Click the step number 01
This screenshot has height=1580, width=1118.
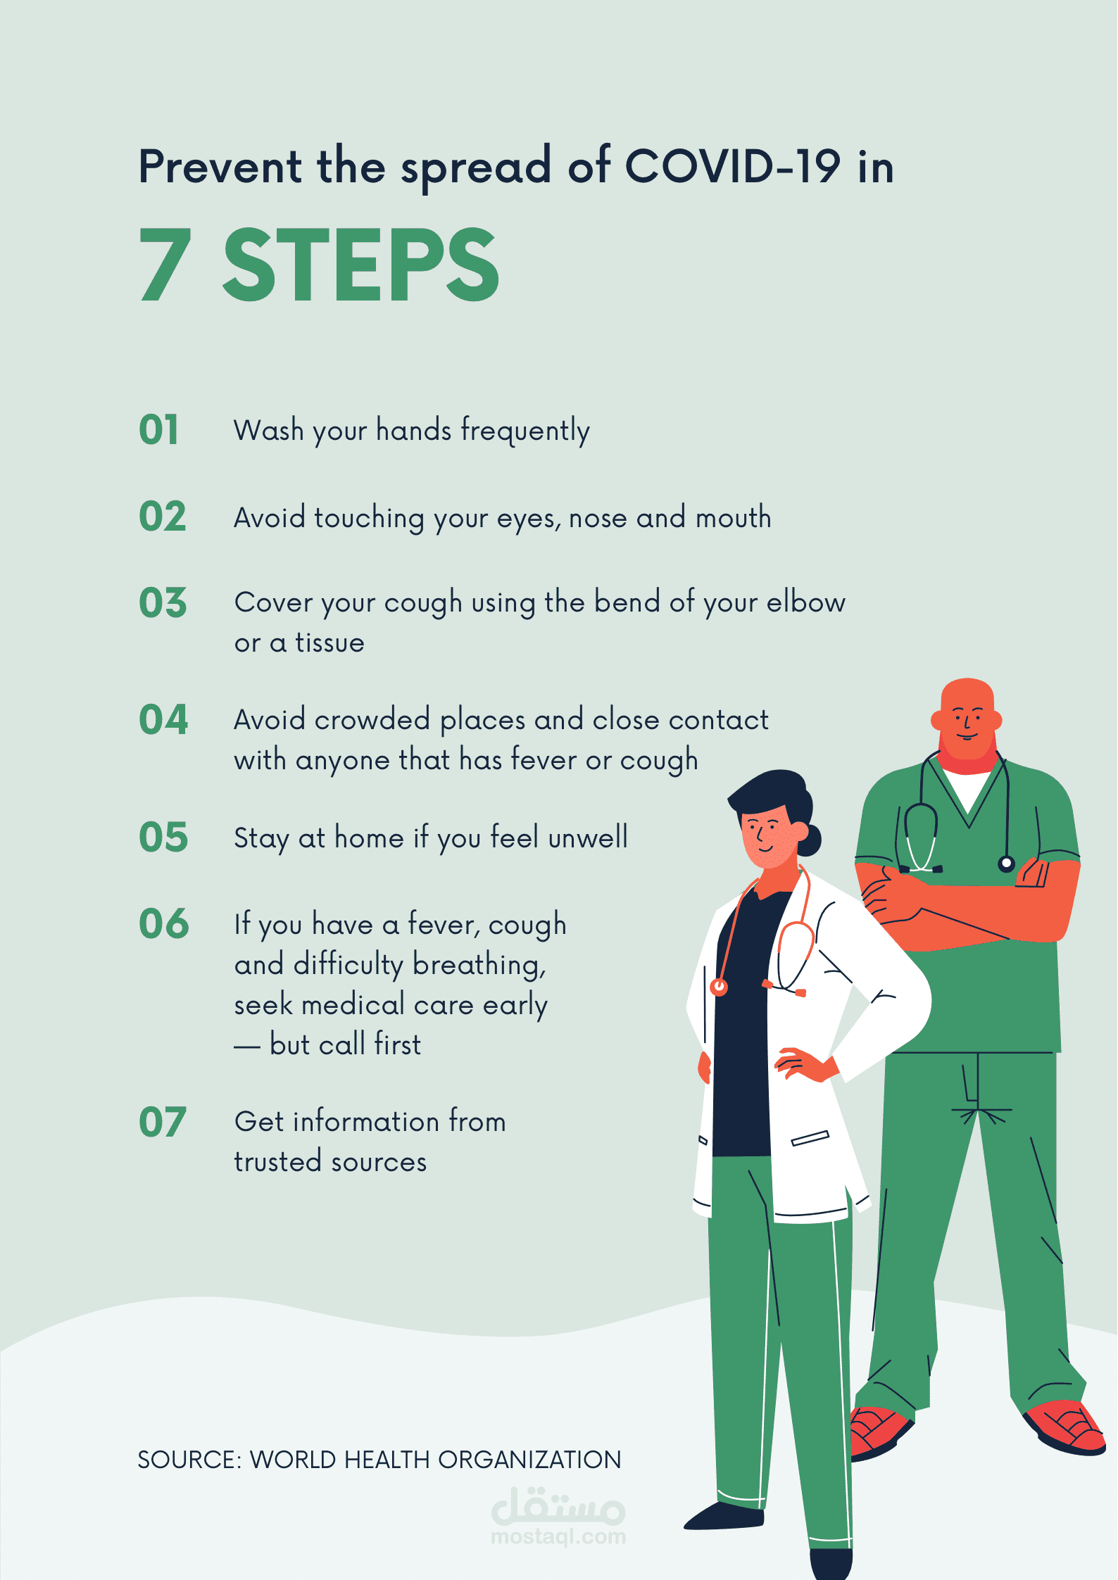[x=159, y=429]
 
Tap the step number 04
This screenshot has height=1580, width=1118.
[x=163, y=719]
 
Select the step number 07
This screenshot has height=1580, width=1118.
[x=163, y=1122]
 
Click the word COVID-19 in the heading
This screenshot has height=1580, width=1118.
[x=733, y=167]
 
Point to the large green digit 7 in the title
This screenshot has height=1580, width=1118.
[x=165, y=265]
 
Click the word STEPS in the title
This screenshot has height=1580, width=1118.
[x=361, y=265]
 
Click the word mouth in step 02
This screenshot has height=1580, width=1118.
[x=734, y=517]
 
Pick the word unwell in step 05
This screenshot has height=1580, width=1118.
[x=588, y=838]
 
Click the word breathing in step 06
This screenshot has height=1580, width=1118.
[x=479, y=965]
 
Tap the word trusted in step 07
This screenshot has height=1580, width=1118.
[x=277, y=1162]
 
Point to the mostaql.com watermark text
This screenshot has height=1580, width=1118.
[x=558, y=1536]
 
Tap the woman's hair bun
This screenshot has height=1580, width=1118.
[x=810, y=839]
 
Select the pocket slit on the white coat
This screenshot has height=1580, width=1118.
[x=810, y=1138]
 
